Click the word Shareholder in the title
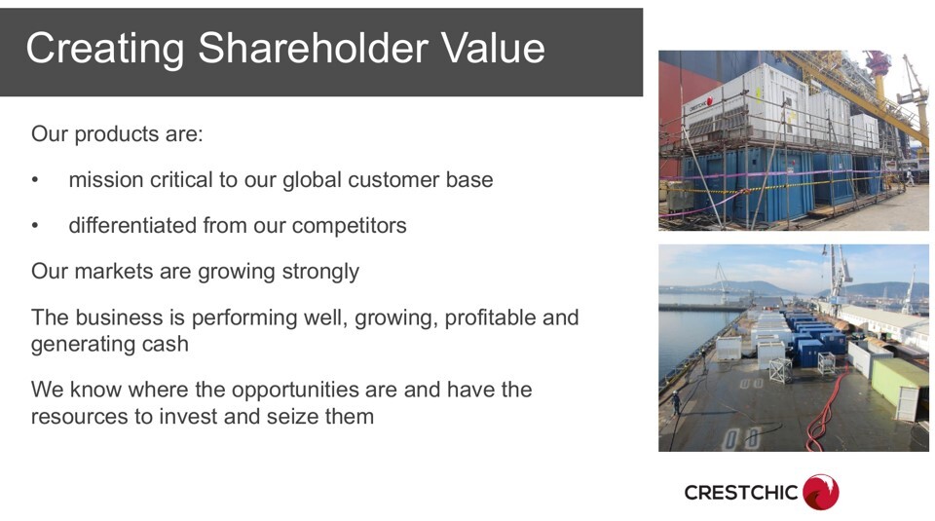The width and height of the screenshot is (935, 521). pyautogui.click(x=313, y=48)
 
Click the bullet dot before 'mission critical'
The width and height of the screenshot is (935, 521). pyautogui.click(x=35, y=180)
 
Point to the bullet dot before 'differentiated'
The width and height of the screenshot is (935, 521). pyautogui.click(x=35, y=226)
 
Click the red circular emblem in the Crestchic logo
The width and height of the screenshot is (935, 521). pyautogui.click(x=820, y=493)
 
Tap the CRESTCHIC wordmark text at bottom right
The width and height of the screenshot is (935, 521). pyautogui.click(x=740, y=493)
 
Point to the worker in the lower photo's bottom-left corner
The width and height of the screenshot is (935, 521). pyautogui.click(x=676, y=403)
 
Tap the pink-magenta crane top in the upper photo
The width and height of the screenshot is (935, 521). pyautogui.click(x=878, y=62)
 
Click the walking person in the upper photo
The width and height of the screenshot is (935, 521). pyautogui.click(x=910, y=177)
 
